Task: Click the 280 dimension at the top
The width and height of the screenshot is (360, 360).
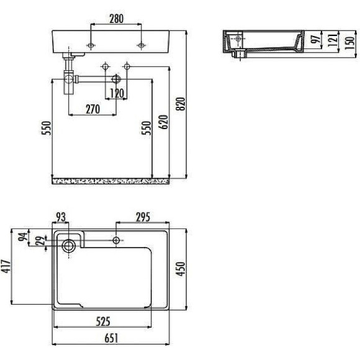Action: pyautogui.click(x=116, y=19)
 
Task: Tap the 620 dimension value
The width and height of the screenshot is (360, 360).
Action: pyautogui.click(x=163, y=122)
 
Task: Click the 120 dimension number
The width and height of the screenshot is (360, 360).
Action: pyautogui.click(x=116, y=94)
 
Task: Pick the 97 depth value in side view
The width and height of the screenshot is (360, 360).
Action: pyautogui.click(x=315, y=40)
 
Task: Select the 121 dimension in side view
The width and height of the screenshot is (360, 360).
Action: pyautogui.click(x=332, y=40)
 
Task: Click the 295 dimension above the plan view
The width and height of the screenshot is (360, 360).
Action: pyautogui.click(x=141, y=216)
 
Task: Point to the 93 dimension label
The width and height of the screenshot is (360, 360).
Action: pyautogui.click(x=61, y=216)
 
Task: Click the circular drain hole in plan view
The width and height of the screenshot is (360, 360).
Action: pyautogui.click(x=68, y=246)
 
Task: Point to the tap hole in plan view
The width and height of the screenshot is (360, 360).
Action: pyautogui.click(x=116, y=240)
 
